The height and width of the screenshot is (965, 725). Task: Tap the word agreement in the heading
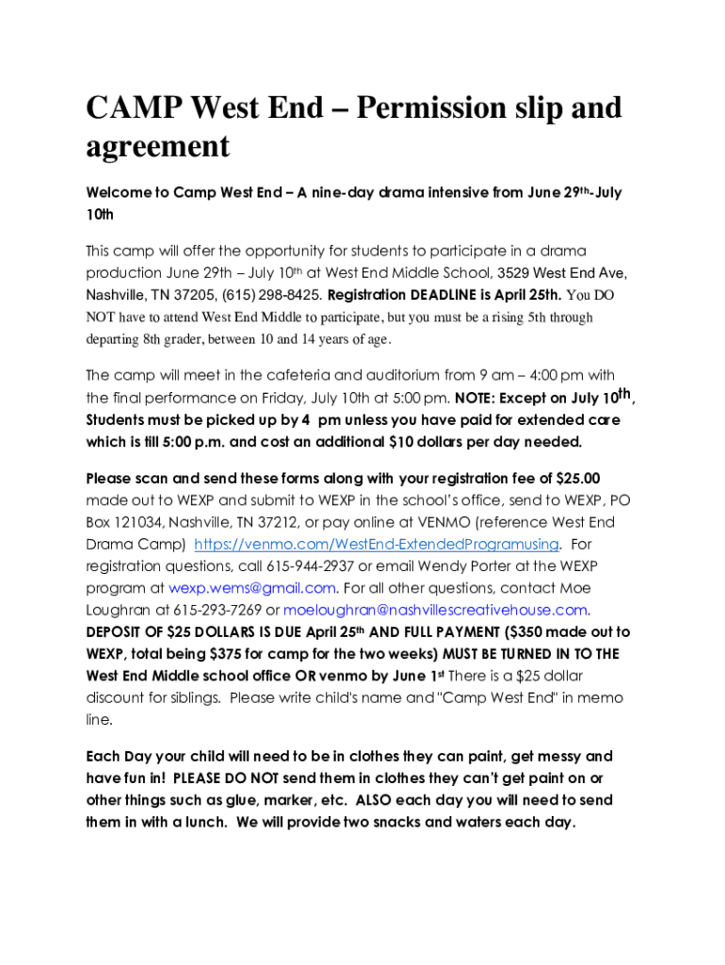click(x=158, y=147)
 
